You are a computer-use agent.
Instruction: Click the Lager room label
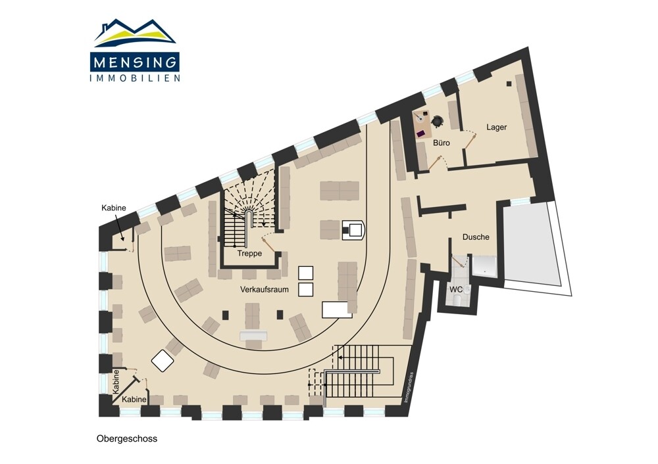pyautogui.click(x=496, y=127)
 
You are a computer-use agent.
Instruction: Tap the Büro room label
pyautogui.click(x=442, y=143)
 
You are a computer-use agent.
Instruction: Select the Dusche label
pyautogui.click(x=476, y=237)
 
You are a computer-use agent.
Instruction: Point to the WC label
pyautogui.click(x=456, y=290)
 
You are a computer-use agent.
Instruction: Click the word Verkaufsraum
pyautogui.click(x=265, y=290)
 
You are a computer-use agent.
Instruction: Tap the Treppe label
pyautogui.click(x=249, y=254)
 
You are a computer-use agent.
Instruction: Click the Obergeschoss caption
pyautogui.click(x=127, y=439)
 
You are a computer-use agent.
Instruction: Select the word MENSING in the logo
pyautogui.click(x=135, y=62)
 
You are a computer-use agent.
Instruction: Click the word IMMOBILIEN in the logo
pyautogui.click(x=135, y=78)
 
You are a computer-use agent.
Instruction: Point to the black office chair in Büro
pyautogui.click(x=438, y=121)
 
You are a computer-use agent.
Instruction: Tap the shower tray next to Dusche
pyautogui.click(x=485, y=266)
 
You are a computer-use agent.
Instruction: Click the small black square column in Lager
pyautogui.click(x=509, y=83)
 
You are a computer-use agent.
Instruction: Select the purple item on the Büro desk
pyautogui.click(x=421, y=133)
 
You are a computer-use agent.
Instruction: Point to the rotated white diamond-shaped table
pyautogui.click(x=163, y=360)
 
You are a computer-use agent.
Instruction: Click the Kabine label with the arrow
pyautogui.click(x=114, y=208)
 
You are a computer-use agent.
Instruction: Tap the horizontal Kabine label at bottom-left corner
pyautogui.click(x=134, y=400)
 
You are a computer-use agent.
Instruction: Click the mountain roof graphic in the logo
pyautogui.click(x=135, y=33)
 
